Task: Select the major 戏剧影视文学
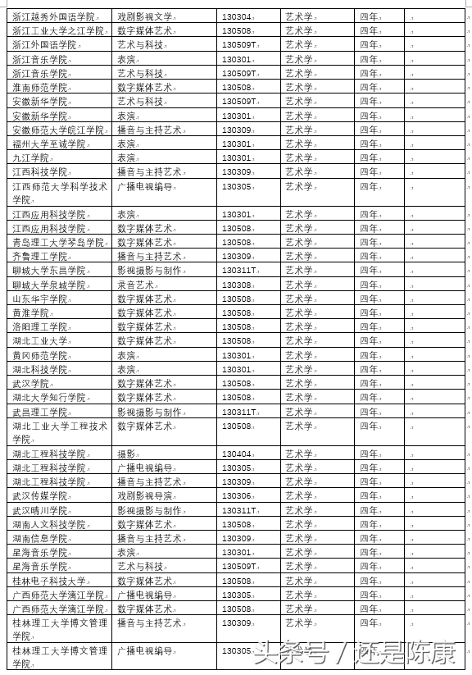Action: click(x=145, y=16)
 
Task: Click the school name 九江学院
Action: click(x=30, y=157)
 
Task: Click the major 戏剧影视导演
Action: click(x=145, y=495)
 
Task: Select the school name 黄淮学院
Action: click(x=30, y=312)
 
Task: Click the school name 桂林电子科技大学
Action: click(x=48, y=581)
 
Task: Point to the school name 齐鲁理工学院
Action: click(x=39, y=256)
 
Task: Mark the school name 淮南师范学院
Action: click(x=39, y=87)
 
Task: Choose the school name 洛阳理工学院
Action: click(x=39, y=326)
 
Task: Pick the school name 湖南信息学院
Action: click(x=39, y=538)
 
